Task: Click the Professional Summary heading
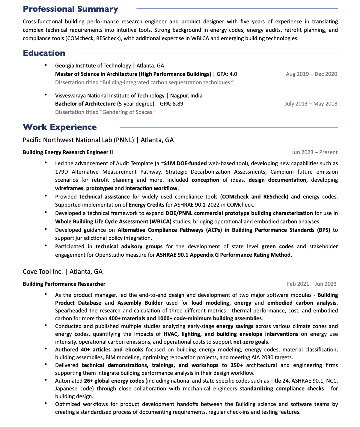click(x=70, y=9)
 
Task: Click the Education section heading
click(x=44, y=53)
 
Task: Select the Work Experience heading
click(x=60, y=127)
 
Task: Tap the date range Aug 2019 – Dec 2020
click(x=311, y=74)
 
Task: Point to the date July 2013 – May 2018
click(x=311, y=104)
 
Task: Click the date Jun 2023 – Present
click(x=314, y=152)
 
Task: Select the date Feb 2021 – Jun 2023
click(x=311, y=284)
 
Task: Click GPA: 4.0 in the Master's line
click(x=227, y=74)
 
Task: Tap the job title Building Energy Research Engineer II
click(x=68, y=152)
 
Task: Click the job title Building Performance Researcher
click(x=64, y=284)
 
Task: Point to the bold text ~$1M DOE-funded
click(x=183, y=163)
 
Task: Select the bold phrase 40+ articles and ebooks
click(x=112, y=350)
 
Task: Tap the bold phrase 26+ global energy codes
click(x=114, y=381)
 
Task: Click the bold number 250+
click(x=237, y=365)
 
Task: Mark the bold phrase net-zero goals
click(x=251, y=342)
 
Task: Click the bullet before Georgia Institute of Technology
click(x=46, y=65)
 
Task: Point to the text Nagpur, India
click(x=186, y=96)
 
